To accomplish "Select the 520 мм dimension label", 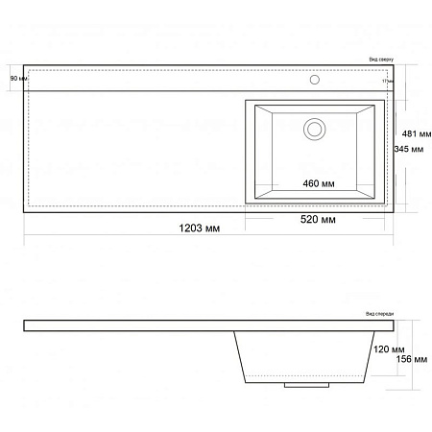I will point(316,221).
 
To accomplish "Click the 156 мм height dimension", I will point(411,359).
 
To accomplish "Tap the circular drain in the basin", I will point(313,127).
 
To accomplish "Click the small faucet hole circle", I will point(314,80).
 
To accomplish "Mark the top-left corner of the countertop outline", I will point(24,67).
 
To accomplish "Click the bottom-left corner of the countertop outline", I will point(24,212).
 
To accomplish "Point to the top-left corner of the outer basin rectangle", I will point(246,100).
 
